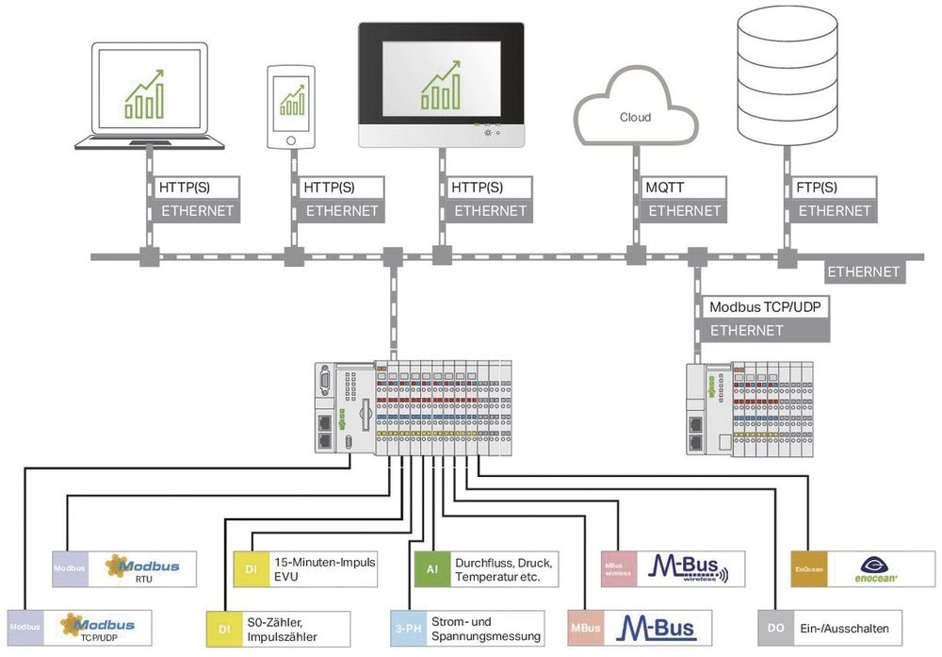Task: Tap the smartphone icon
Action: click(x=293, y=106)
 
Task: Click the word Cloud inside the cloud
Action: click(x=635, y=118)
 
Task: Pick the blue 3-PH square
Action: click(x=407, y=628)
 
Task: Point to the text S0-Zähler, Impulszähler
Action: click(x=282, y=628)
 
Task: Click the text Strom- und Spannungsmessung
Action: click(x=485, y=628)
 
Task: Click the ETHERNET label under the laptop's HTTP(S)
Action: click(x=197, y=211)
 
